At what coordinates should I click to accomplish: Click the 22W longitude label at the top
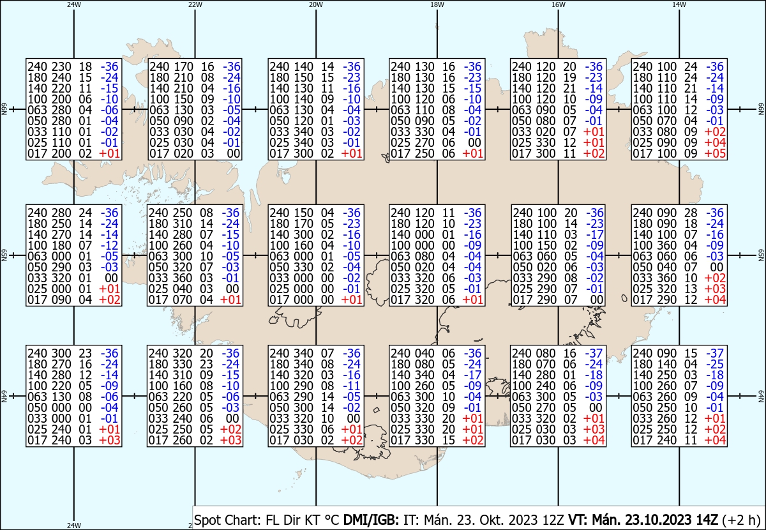click(195, 4)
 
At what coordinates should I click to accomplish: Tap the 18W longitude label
click(437, 4)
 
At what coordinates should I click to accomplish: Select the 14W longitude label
click(679, 4)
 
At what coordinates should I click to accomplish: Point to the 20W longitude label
click(316, 4)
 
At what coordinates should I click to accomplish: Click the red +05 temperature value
click(715, 154)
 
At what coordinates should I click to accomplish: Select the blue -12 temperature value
click(109, 245)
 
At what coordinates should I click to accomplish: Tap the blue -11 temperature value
click(352, 386)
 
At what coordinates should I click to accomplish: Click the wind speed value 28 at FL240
click(691, 213)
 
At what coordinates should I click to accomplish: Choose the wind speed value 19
click(569, 77)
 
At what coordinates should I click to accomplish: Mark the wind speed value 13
click(691, 289)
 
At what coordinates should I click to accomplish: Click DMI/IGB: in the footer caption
click(371, 520)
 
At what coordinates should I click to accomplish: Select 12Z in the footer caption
click(553, 520)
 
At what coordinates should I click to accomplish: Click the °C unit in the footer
click(331, 520)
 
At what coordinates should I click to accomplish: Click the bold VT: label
click(578, 520)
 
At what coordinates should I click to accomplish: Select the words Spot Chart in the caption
click(227, 520)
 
